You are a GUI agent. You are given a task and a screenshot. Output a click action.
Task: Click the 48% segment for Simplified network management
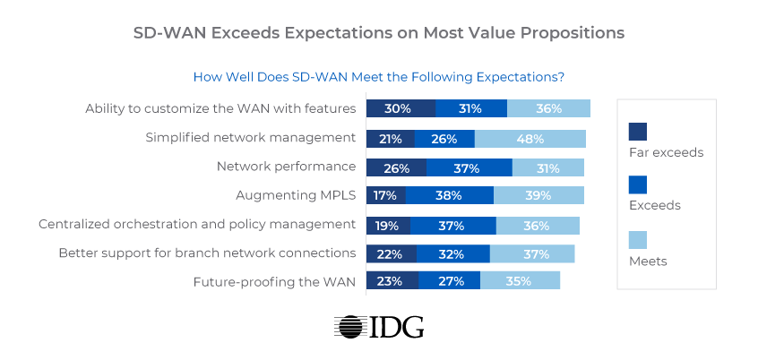coord(530,139)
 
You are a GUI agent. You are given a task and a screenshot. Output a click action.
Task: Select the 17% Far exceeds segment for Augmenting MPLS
coord(386,195)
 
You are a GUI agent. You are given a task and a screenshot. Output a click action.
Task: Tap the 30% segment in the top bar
coord(401,108)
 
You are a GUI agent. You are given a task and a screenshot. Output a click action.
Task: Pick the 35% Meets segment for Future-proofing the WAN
coord(520,281)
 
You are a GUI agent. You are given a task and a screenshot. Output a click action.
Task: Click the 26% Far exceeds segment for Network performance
coord(396,167)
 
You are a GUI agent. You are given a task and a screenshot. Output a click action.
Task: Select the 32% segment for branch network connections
coord(453,253)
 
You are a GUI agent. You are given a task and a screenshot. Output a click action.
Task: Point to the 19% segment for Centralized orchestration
coord(388,225)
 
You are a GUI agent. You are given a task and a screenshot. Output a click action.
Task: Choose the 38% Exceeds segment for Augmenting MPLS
coord(449,195)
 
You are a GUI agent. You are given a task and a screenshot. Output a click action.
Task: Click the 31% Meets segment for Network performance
coord(547,167)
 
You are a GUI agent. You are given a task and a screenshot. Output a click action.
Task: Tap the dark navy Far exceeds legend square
coord(638,131)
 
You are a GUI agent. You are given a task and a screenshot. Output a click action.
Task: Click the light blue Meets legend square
coord(638,239)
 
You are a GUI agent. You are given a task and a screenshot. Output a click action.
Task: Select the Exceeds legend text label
coord(654,205)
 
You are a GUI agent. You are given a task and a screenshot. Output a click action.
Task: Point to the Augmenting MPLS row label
coord(296,195)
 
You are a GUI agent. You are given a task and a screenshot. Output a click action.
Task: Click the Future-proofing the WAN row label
coord(274,281)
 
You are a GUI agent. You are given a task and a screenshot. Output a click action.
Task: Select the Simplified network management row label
coord(251,138)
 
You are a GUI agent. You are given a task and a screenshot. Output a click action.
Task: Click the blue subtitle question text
coord(378,77)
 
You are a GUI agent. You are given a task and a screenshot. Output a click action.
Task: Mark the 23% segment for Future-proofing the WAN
coord(392,281)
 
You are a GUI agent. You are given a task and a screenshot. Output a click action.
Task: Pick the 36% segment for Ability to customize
coord(548,108)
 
